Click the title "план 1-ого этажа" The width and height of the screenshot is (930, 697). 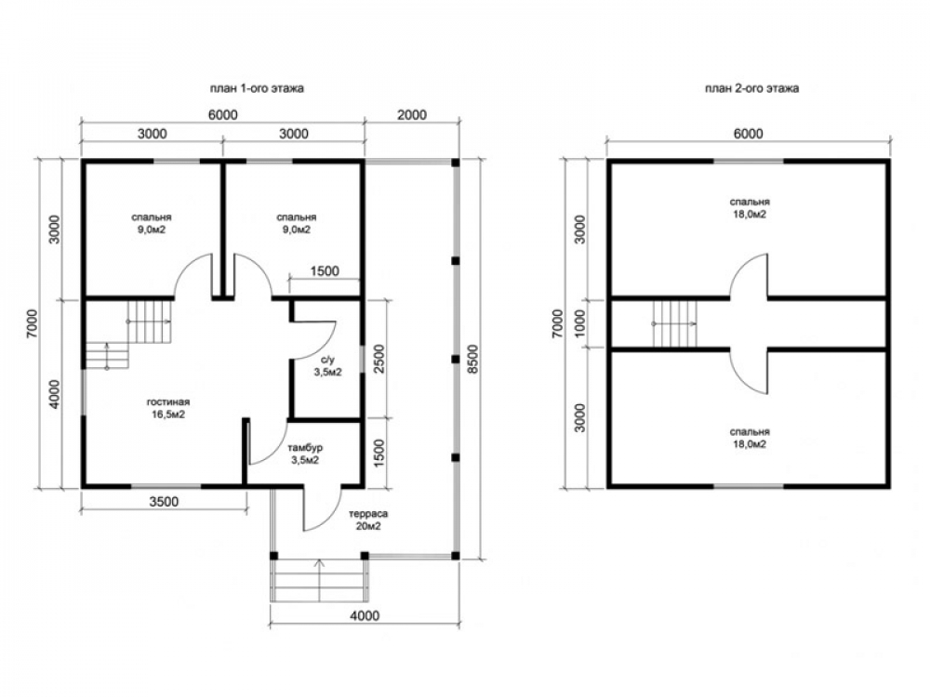(x=257, y=88)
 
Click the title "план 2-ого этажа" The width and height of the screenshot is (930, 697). (x=751, y=88)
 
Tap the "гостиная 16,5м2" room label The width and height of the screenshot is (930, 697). (x=168, y=408)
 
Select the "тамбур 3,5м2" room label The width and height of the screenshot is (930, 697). (x=305, y=454)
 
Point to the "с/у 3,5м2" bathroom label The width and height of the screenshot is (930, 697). (x=328, y=365)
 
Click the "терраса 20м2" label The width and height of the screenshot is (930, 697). (x=368, y=519)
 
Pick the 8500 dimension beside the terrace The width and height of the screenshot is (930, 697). (x=472, y=359)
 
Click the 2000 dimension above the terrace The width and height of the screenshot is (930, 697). (x=412, y=114)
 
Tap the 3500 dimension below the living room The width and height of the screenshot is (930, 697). (x=164, y=502)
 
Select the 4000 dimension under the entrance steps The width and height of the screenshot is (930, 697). (x=365, y=616)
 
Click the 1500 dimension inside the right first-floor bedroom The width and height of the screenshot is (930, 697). (x=325, y=270)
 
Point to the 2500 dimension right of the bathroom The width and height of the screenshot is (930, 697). (x=379, y=359)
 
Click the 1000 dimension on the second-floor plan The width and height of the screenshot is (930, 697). (x=580, y=322)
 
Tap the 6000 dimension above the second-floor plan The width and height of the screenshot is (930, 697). (x=748, y=133)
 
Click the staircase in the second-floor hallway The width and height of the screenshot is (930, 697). (x=674, y=323)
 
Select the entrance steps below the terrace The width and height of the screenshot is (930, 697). (x=320, y=580)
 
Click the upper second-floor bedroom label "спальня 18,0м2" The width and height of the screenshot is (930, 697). (x=750, y=208)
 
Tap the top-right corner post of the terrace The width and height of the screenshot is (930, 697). (x=456, y=163)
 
